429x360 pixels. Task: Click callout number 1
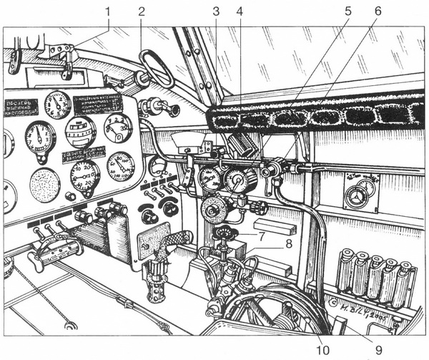click(109, 11)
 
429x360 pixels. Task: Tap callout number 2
click(141, 11)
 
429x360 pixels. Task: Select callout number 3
click(216, 11)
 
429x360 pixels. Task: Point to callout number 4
click(240, 11)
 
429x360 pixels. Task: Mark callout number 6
click(378, 11)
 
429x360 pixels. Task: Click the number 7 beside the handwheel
click(263, 235)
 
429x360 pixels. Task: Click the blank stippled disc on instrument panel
click(45, 185)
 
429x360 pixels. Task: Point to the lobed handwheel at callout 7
click(227, 233)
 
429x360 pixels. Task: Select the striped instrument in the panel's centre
click(80, 131)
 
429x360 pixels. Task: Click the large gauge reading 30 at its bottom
click(86, 175)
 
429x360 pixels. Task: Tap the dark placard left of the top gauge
click(21, 107)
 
